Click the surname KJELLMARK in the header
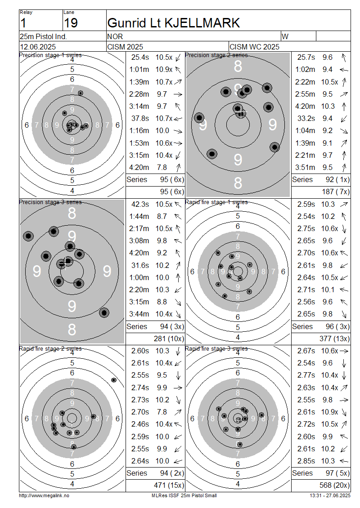pos(202,23)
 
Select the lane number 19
pos(71,23)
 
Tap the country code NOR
pos(115,36)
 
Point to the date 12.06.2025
pos(38,47)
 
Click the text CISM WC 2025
pos(254,47)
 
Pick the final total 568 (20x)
pos(334,486)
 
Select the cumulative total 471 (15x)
pos(169,486)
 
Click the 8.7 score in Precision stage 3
pos(162,216)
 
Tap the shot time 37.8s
pos(140,119)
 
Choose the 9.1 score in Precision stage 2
pos(327,143)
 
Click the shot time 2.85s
pos(306,461)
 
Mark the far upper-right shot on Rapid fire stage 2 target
pos(113,380)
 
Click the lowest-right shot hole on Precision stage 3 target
pos(104,312)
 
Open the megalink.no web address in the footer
pos(44,496)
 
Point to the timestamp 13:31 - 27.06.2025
pos(330,496)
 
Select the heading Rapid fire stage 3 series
pos(216,349)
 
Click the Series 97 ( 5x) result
pos(321,473)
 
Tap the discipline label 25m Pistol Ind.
pos(43,36)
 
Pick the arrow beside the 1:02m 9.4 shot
pos(344,70)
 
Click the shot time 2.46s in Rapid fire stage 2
pos(140,424)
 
